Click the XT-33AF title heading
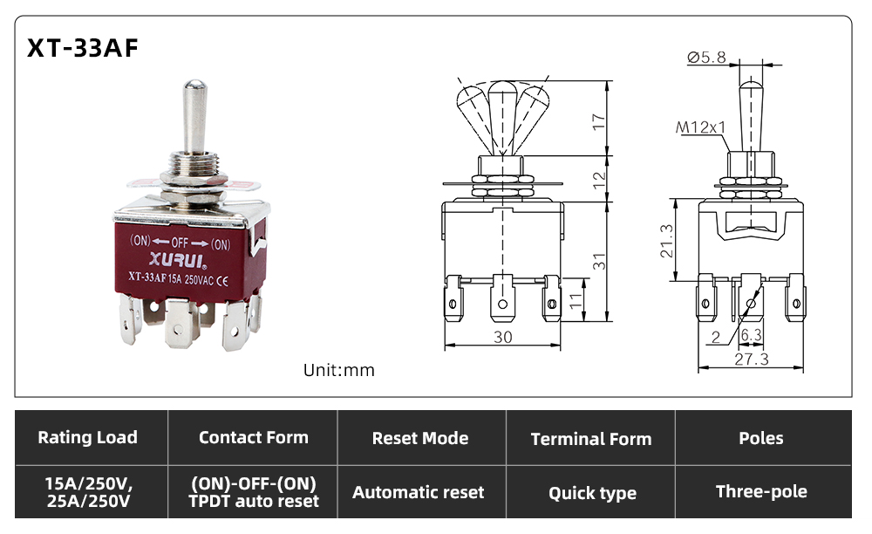82,48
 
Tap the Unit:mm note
338,370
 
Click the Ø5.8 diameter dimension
706,58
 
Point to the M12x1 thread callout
701,127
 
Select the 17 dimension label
598,122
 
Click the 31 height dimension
598,262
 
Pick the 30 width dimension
503,337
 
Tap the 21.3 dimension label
666,241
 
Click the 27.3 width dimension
752,359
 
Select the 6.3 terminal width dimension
752,335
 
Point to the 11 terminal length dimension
576,300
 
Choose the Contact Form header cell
253,437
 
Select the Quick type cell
591,492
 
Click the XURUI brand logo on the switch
178,260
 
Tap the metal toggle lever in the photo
195,116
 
